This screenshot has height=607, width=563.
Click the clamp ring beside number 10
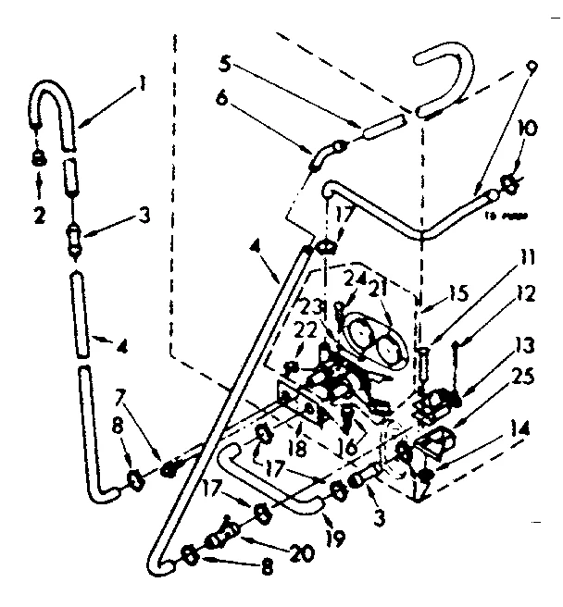pos(508,184)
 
